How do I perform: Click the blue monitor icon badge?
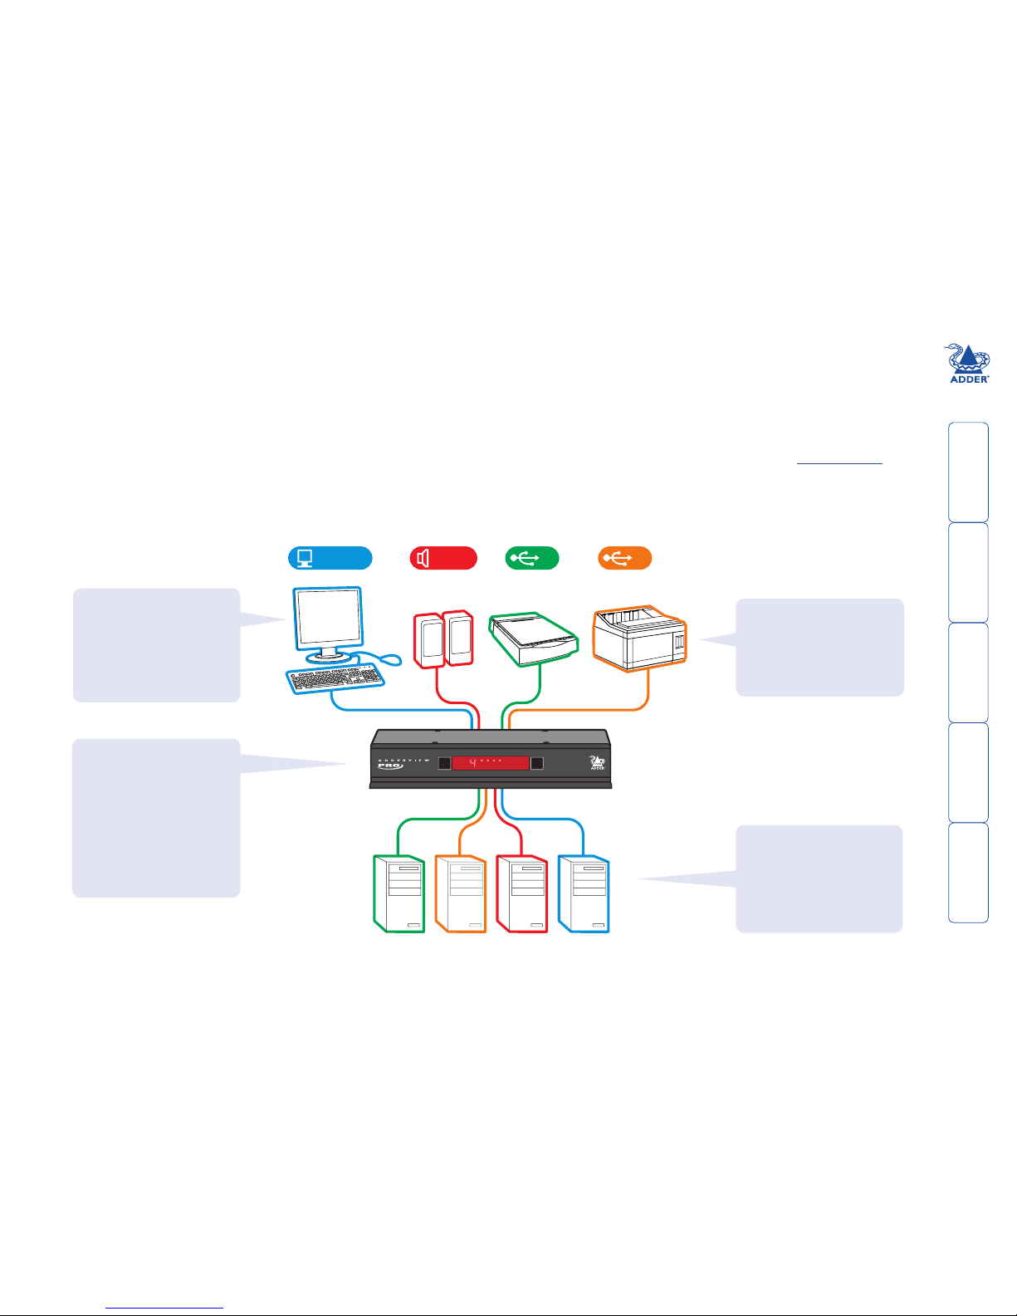click(x=330, y=558)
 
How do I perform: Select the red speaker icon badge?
click(x=443, y=558)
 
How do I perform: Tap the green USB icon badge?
click(x=532, y=558)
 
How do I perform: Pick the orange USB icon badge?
click(x=624, y=558)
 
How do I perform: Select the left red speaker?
click(x=428, y=640)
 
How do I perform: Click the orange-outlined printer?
click(x=639, y=638)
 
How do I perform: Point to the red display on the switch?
click(x=490, y=762)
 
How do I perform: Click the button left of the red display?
click(x=444, y=763)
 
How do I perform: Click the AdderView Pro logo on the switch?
click(x=390, y=764)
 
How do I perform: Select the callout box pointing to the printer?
click(x=819, y=647)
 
